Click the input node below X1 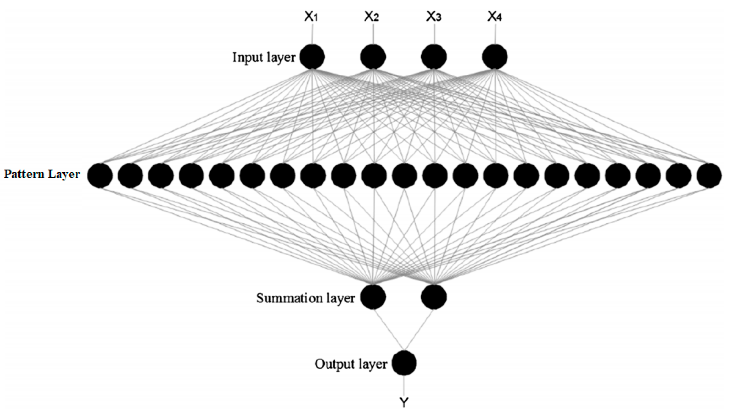(x=312, y=57)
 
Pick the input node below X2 (x=373, y=57)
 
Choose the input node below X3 (x=434, y=57)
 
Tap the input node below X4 (x=495, y=57)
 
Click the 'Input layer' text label (x=264, y=57)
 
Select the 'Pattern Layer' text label (x=42, y=174)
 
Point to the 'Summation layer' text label (x=306, y=298)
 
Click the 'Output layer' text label (x=351, y=364)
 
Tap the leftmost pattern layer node (x=100, y=175)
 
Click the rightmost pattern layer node (x=709, y=175)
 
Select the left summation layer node (x=373, y=297)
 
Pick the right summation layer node (x=434, y=297)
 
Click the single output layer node (x=404, y=363)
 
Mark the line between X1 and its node (x=313, y=34)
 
